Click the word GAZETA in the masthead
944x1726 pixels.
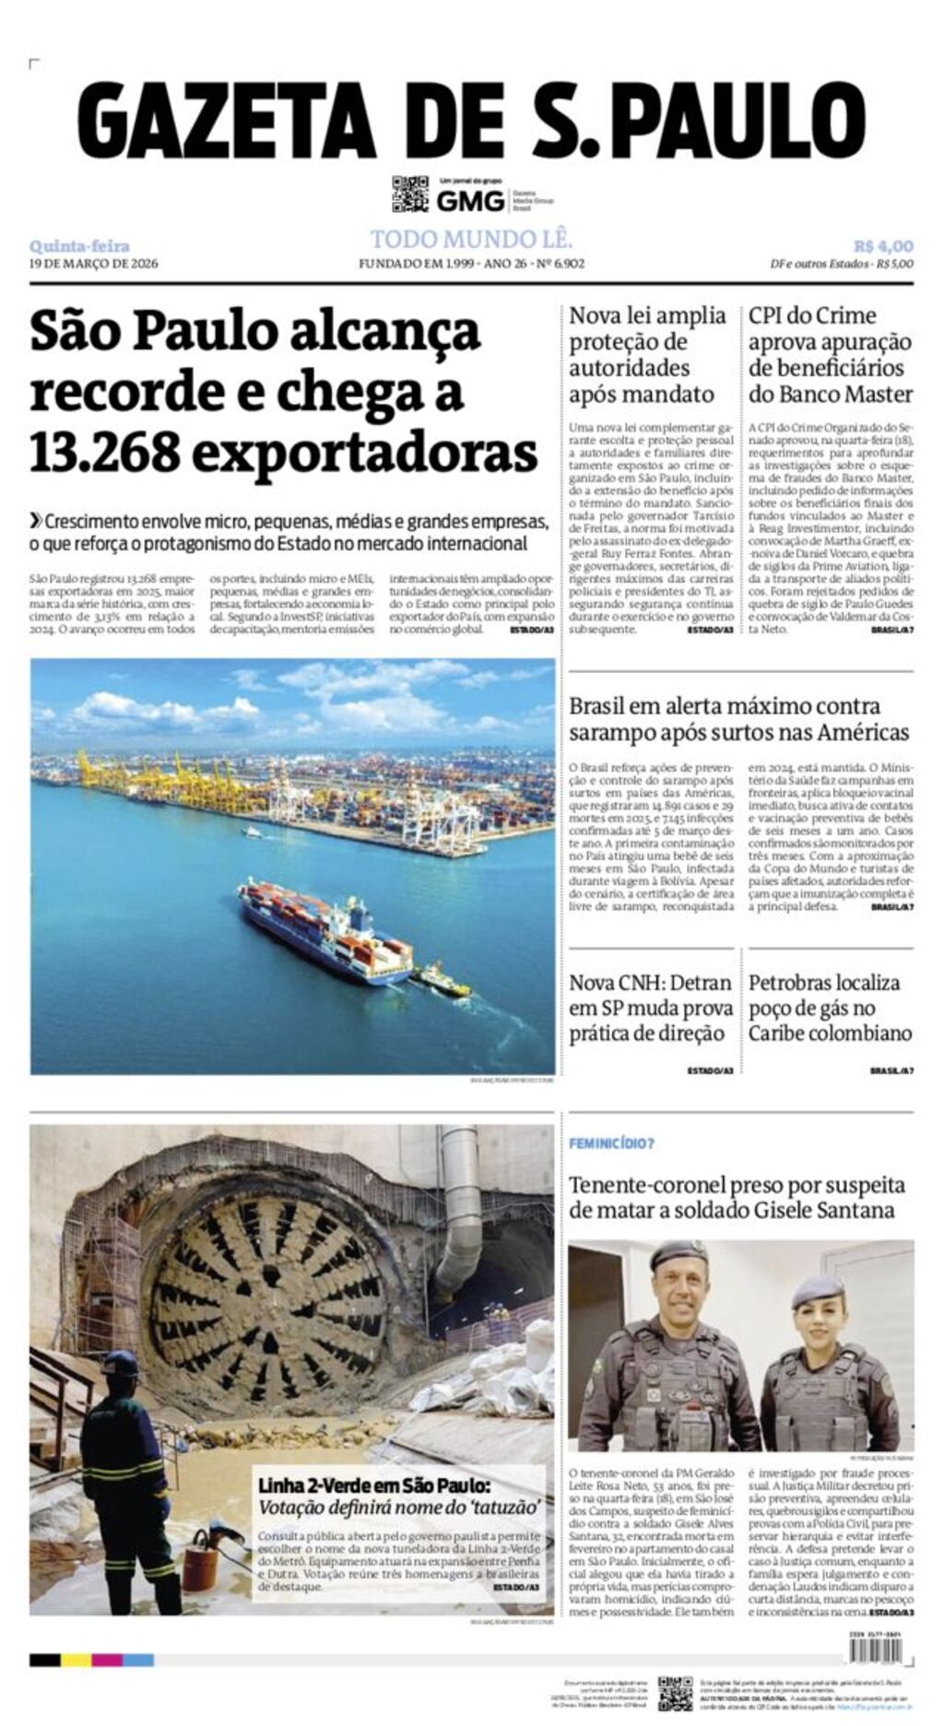[x=226, y=121]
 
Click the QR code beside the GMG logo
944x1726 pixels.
[x=410, y=194]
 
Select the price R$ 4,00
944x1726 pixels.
[x=882, y=246]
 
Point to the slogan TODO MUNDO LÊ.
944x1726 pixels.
[x=471, y=240]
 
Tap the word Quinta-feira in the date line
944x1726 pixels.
[x=79, y=246]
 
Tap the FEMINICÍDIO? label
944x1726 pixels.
[x=611, y=1143]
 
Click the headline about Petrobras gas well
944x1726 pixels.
[x=830, y=1008]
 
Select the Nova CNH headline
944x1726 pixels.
[x=650, y=1008]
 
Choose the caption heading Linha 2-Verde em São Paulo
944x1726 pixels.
[x=373, y=1485]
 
